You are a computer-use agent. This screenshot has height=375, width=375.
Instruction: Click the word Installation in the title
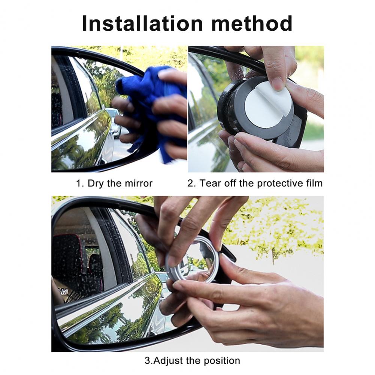click(x=142, y=23)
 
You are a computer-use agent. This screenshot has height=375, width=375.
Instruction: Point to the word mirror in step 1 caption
click(x=139, y=184)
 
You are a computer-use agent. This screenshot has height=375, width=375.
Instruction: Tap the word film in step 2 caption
click(x=314, y=183)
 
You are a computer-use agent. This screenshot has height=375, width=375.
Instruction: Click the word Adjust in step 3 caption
click(x=169, y=361)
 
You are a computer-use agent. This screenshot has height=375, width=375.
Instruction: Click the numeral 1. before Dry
click(x=80, y=184)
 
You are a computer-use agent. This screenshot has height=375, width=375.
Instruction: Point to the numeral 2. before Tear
click(x=192, y=184)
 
